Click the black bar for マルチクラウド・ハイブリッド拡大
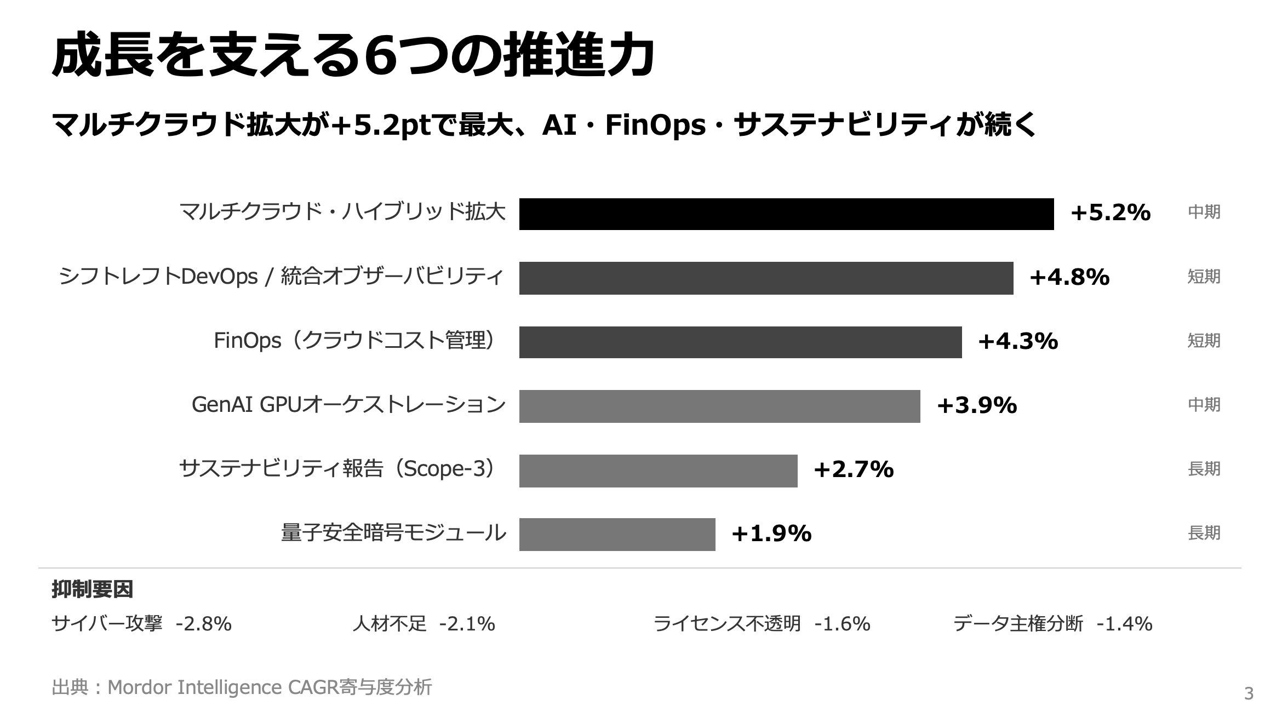click(x=786, y=214)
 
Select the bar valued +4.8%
click(x=766, y=278)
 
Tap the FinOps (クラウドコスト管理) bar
click(x=740, y=342)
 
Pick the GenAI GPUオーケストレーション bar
click(x=719, y=406)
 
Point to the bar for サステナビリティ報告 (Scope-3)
click(x=658, y=470)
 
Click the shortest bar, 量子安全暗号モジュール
click(x=617, y=535)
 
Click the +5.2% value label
click(x=1110, y=213)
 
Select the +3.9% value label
click(x=976, y=406)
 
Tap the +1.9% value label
click(x=771, y=534)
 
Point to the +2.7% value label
click(x=853, y=470)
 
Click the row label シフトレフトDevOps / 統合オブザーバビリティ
click(x=281, y=277)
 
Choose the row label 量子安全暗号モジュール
click(x=393, y=533)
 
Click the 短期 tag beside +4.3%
click(x=1204, y=341)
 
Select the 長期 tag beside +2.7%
click(x=1204, y=469)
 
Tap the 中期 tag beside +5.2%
click(x=1204, y=212)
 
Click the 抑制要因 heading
click(x=92, y=589)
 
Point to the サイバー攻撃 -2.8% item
click(x=141, y=624)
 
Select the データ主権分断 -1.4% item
click(x=1052, y=624)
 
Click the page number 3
click(x=1249, y=694)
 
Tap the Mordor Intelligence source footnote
click(x=242, y=687)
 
